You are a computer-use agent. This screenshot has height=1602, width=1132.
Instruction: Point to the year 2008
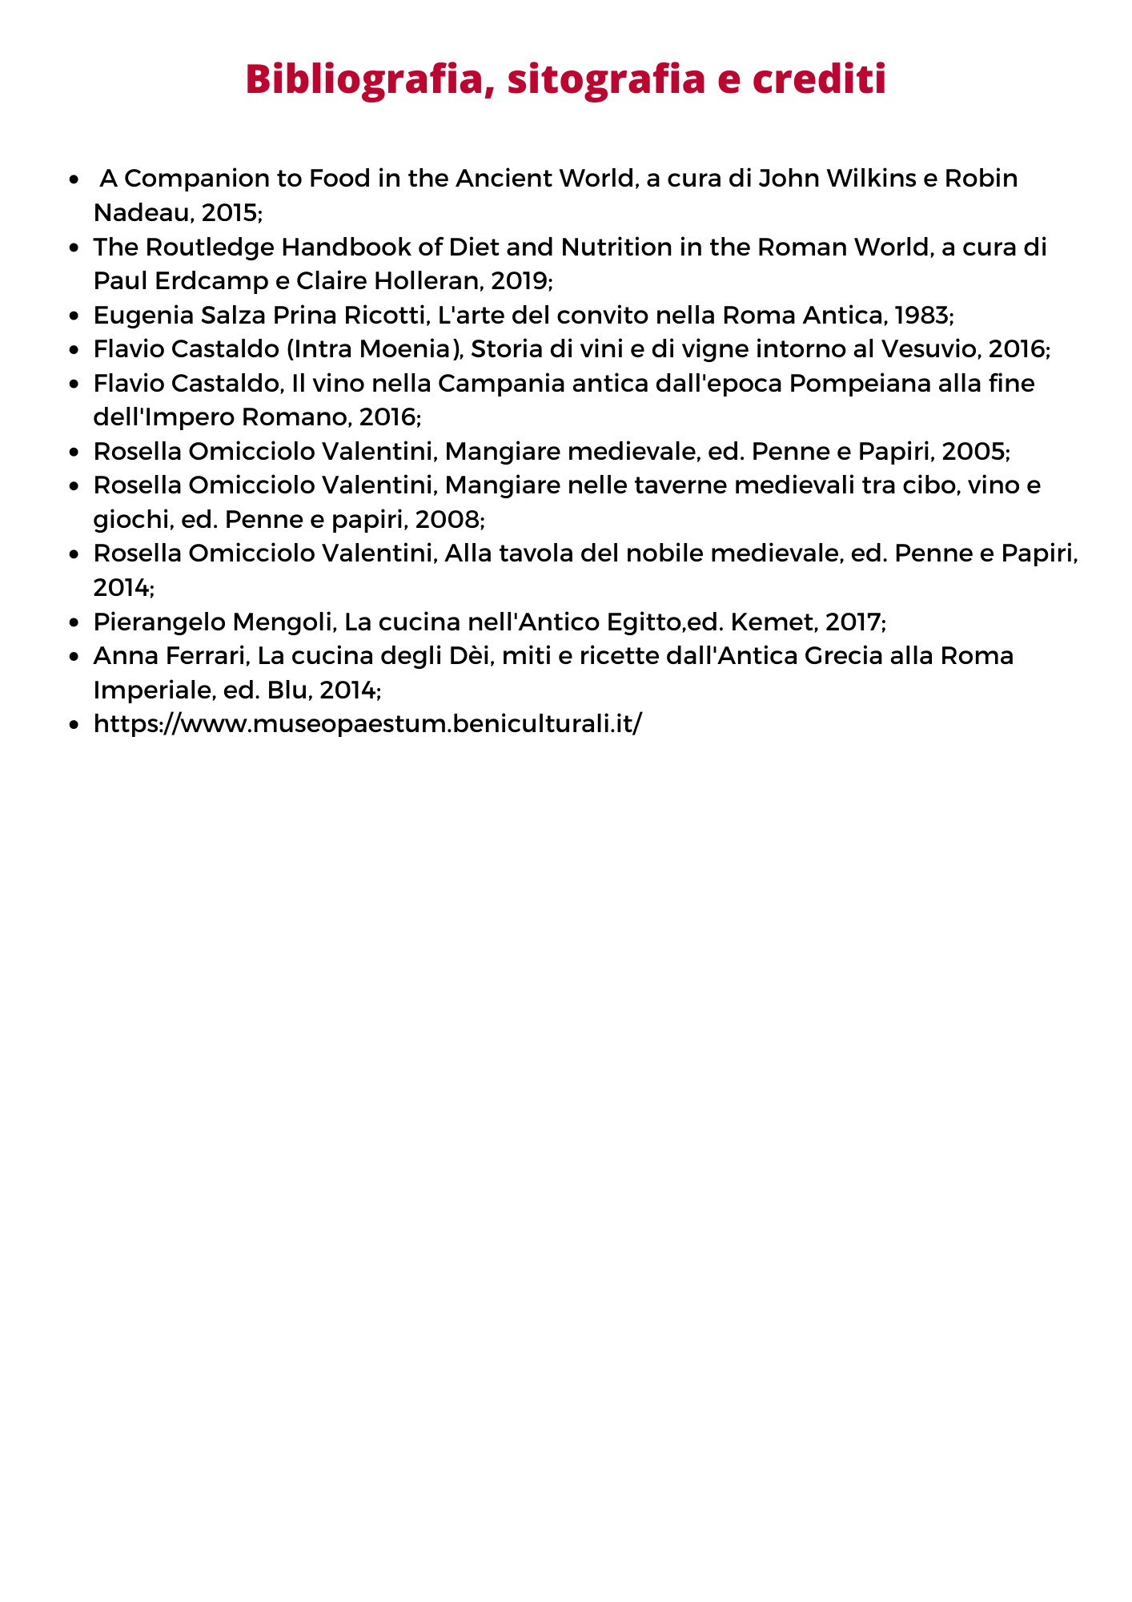point(448,520)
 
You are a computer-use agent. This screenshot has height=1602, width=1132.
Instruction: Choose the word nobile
point(698,553)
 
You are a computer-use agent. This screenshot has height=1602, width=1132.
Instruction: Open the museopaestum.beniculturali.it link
point(367,724)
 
